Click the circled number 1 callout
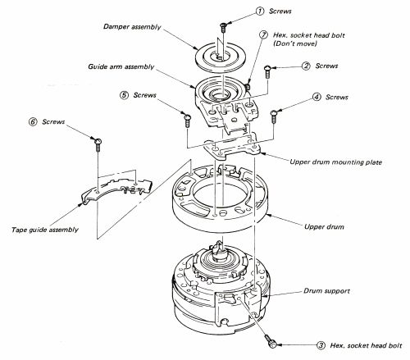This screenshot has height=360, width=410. click(x=260, y=11)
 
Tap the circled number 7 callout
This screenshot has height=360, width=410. click(x=263, y=35)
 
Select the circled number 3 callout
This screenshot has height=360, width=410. click(x=321, y=345)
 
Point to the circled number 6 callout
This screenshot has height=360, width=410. click(x=33, y=121)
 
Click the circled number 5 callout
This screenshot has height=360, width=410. click(x=124, y=95)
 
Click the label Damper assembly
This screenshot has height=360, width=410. click(x=132, y=27)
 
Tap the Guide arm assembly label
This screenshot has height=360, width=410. click(x=121, y=66)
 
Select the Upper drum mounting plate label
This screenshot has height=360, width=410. click(x=336, y=162)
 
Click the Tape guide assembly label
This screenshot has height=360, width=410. click(x=45, y=230)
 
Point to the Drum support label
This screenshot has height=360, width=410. click(x=326, y=291)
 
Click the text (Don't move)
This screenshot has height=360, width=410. click(x=295, y=43)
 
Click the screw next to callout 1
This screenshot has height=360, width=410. click(x=223, y=27)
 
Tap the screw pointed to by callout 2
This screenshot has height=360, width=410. click(x=267, y=71)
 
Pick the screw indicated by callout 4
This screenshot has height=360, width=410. click(x=273, y=116)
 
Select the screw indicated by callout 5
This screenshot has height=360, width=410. click(x=188, y=121)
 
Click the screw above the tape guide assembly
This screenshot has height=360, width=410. click(x=98, y=145)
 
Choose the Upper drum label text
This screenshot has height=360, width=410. click(x=324, y=227)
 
